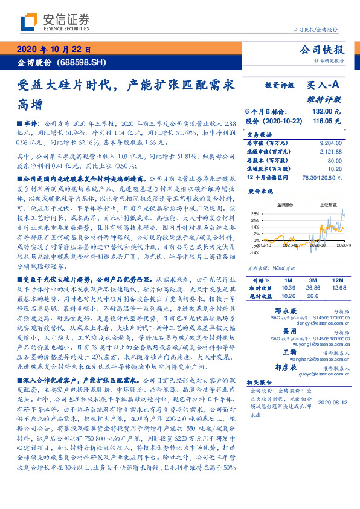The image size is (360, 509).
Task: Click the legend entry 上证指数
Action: pyautogui.click(x=329, y=205)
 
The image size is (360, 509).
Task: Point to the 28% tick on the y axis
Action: pyautogui.click(x=256, y=213)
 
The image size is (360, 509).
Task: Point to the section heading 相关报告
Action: pyautogui.click(x=260, y=383)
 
